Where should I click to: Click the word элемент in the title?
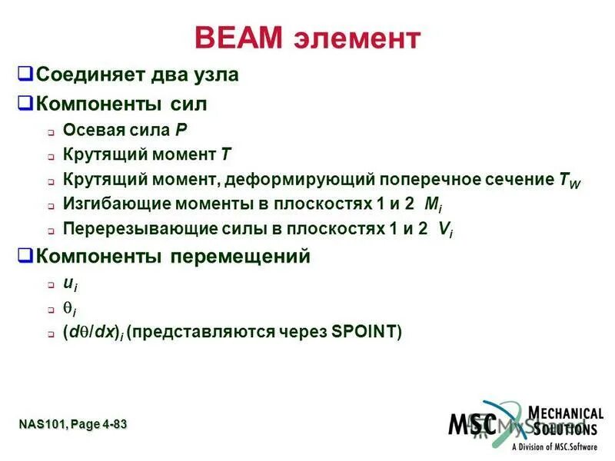[358, 39]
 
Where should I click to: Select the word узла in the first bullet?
[215, 75]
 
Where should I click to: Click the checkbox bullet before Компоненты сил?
[25, 103]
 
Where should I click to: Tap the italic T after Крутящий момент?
[225, 155]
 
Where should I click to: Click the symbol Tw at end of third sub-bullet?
[570, 181]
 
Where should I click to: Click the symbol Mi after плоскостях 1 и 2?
[434, 205]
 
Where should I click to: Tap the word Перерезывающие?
[121, 230]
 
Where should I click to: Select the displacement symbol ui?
[69, 284]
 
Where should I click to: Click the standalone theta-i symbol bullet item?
[69, 308]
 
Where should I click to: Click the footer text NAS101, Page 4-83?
[73, 424]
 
